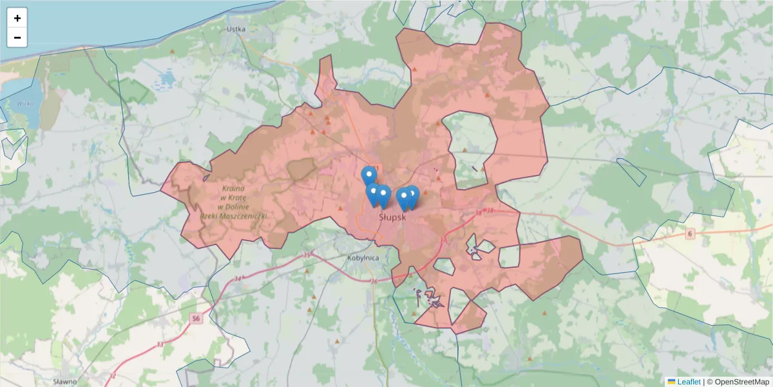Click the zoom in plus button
17,18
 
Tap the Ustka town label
236,29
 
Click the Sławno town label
65,381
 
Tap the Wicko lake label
25,103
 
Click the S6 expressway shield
196,318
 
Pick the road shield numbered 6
690,233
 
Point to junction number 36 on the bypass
374,281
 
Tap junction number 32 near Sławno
113,375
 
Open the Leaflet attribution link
689,382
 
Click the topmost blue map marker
369,175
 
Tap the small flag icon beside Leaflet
671,382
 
